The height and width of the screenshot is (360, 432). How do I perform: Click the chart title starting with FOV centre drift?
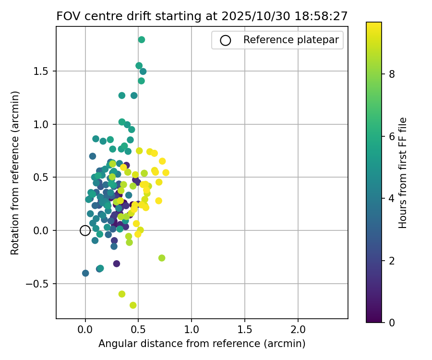202,16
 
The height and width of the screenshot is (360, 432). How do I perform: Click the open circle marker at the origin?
85,230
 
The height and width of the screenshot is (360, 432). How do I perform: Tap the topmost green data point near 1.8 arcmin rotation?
142,40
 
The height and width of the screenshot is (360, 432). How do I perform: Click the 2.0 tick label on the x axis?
298,330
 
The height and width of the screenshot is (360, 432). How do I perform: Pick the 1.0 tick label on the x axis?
191,330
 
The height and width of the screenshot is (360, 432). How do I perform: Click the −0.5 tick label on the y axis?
41,284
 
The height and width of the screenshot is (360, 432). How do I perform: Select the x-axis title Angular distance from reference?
202,344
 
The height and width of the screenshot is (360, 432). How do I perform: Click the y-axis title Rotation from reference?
15,172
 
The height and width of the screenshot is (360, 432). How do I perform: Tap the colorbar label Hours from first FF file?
403,172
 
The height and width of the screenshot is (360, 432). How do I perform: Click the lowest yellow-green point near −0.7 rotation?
133,305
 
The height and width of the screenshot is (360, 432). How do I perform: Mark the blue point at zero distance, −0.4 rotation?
85,273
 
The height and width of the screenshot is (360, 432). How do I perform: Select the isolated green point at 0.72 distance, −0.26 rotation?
162,258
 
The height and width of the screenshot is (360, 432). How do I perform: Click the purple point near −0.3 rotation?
117,264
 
